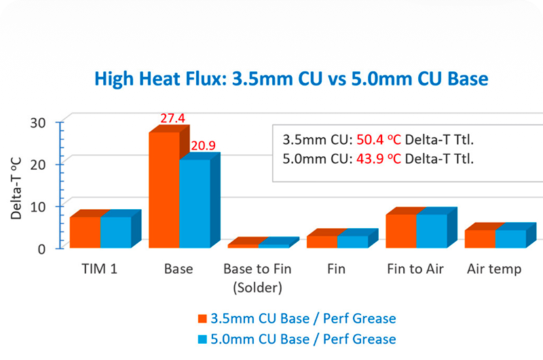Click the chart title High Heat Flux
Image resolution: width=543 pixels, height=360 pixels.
coord(291,79)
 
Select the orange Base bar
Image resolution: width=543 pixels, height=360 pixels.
coord(164,190)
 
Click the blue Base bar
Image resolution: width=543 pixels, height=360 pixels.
coord(195,203)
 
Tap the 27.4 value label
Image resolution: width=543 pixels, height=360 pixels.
coord(172,118)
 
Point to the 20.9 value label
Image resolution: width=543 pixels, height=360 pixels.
coord(203,145)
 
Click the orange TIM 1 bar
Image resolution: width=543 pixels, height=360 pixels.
coord(86,232)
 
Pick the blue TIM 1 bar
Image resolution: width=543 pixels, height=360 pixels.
coord(116,232)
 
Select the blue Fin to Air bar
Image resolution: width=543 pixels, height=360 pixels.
coord(432,231)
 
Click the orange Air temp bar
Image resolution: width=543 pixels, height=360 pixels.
coord(480,238)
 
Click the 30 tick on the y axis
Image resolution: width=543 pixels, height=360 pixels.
coord(38,123)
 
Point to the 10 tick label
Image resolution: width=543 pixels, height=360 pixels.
coord(38,207)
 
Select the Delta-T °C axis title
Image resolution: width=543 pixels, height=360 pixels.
coord(16,188)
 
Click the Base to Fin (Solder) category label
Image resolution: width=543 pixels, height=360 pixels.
coord(257,278)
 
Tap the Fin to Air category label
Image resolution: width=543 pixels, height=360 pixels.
coord(415,269)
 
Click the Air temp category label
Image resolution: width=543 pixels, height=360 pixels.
coord(494,269)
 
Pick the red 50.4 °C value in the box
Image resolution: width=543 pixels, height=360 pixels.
coord(379,140)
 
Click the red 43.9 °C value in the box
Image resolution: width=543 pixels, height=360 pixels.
coord(379,159)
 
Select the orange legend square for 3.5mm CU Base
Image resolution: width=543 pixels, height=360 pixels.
coord(202,319)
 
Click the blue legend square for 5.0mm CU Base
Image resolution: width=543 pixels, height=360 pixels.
coord(202,339)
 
